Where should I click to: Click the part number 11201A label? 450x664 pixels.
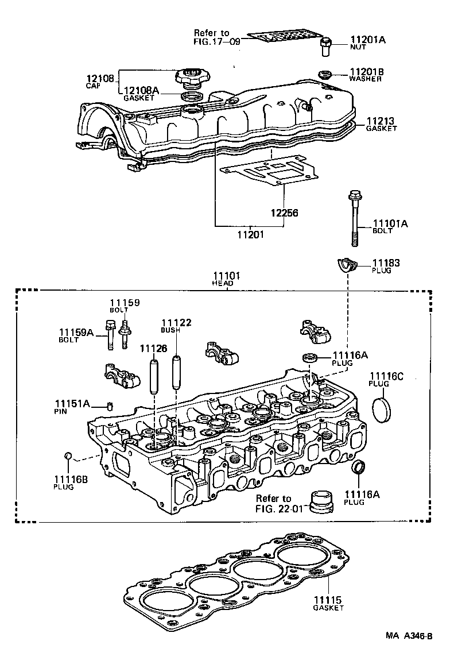(368, 40)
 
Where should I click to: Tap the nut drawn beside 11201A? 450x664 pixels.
(326, 45)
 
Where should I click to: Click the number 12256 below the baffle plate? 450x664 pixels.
(285, 213)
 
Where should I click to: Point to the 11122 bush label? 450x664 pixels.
(176, 323)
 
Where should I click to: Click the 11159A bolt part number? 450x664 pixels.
(76, 332)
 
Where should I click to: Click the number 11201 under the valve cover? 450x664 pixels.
(250, 234)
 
